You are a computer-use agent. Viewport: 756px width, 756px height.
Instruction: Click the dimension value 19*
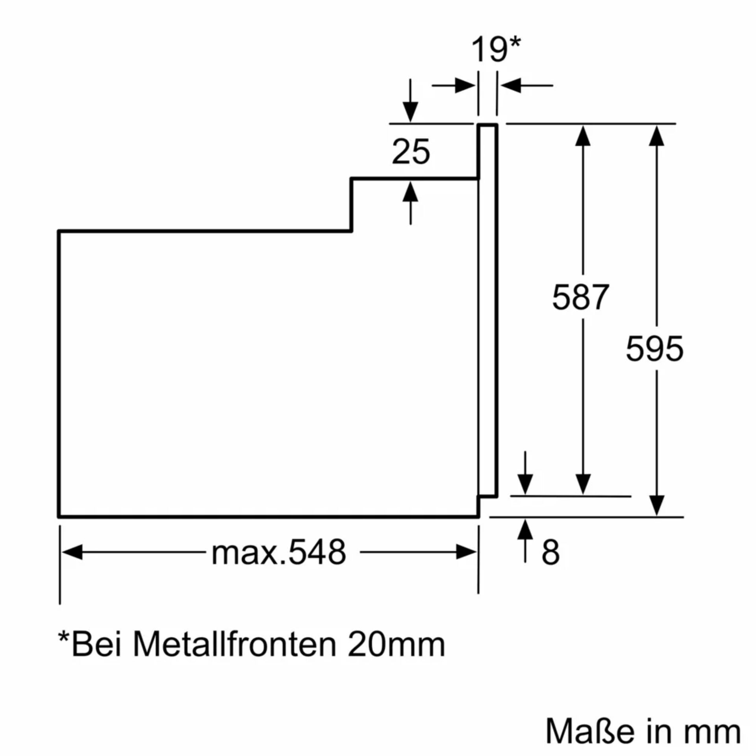[495, 50]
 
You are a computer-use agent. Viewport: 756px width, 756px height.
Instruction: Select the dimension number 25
[411, 152]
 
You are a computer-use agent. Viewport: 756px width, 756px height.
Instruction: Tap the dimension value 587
[580, 297]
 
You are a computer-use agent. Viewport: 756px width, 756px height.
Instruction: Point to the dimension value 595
[654, 348]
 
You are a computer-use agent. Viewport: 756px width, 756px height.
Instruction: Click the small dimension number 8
[550, 552]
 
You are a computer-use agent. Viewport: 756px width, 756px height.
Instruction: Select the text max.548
[279, 552]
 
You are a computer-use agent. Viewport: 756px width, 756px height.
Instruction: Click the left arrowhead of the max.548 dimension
[73, 552]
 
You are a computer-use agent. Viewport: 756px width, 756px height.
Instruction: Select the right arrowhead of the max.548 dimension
[466, 552]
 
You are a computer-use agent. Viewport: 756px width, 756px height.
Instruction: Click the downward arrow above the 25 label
[410, 111]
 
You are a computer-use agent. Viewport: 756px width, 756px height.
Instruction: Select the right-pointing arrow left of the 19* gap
[464, 85]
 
